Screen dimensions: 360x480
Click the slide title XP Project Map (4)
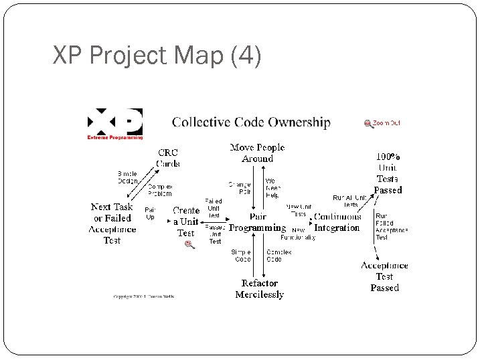point(157,56)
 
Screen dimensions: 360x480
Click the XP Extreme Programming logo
point(115,124)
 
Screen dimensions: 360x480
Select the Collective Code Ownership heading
point(251,122)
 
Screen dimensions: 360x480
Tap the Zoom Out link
point(382,123)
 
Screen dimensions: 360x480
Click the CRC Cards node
point(167,158)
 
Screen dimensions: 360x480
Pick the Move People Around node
point(257,153)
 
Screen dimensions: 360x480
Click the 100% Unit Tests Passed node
point(388,173)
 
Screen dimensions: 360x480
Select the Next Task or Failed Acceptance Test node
point(112,223)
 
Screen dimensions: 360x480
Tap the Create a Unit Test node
point(186,221)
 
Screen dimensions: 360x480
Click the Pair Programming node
point(257,222)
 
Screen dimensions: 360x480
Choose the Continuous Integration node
point(337,222)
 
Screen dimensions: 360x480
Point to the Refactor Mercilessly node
point(260,288)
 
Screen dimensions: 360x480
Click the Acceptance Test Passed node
point(384,276)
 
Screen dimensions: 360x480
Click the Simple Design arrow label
point(127,177)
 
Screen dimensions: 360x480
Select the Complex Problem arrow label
point(160,190)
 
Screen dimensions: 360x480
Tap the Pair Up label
point(150,213)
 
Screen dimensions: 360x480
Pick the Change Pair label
point(240,187)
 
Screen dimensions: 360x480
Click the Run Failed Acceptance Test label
point(391,227)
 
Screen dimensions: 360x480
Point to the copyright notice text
point(144,296)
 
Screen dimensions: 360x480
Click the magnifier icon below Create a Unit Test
point(189,245)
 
